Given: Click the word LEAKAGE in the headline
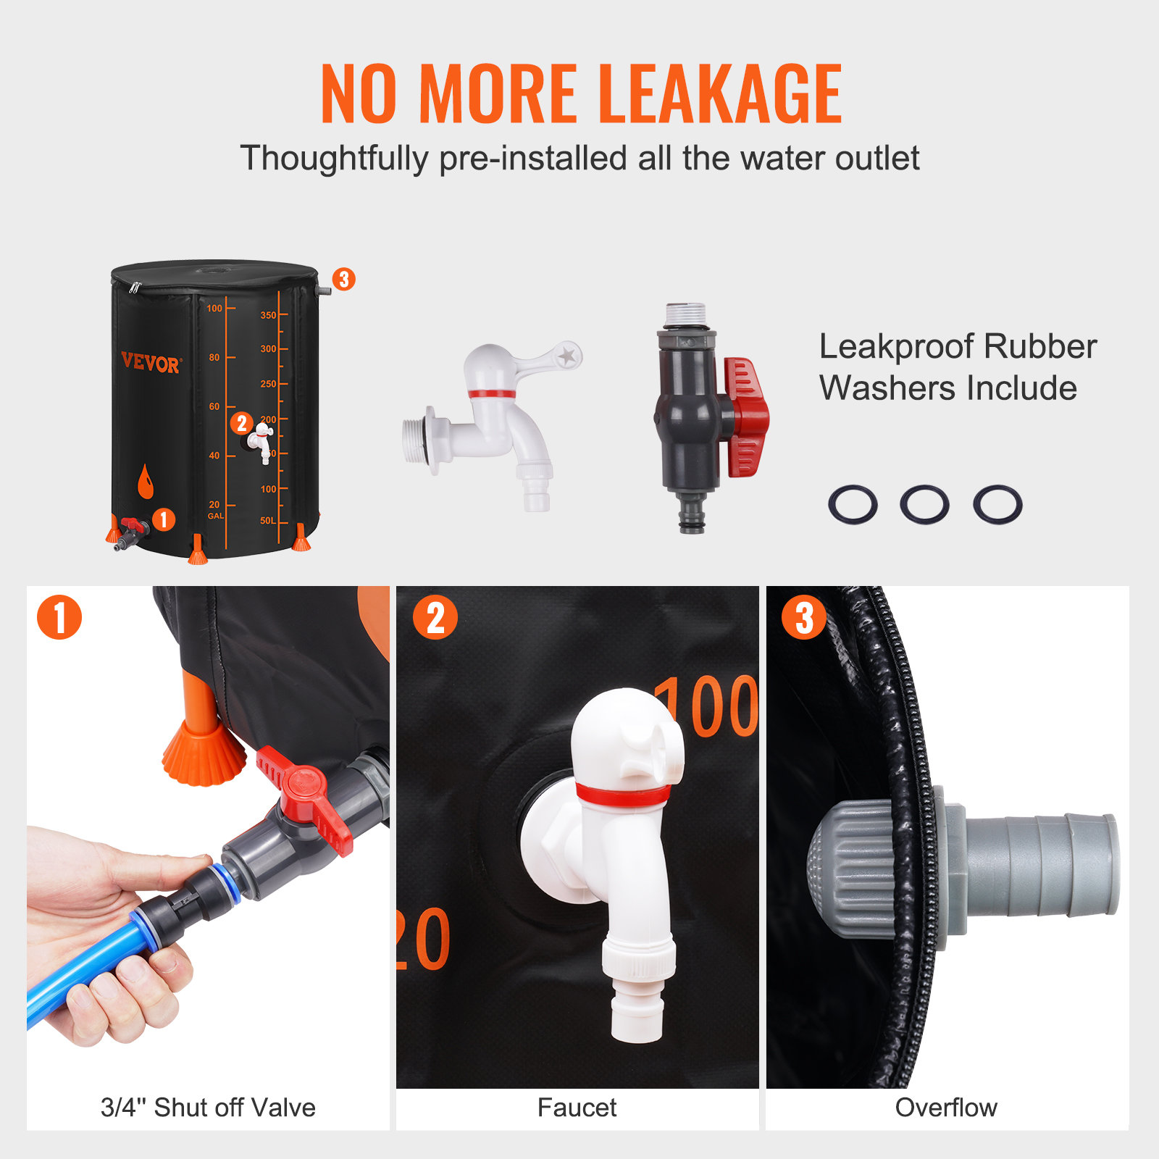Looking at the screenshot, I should pos(721,94).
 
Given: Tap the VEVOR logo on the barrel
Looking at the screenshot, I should pos(150,362).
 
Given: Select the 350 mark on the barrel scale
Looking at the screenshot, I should pos(268,315).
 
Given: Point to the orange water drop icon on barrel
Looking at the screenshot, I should pos(146,482).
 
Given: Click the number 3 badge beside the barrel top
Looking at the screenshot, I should pos(344,279).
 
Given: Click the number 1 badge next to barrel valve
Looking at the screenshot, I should pos(164,519).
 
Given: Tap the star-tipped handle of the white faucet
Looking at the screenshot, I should pos(558,356).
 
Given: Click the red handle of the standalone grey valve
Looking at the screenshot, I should pos(746,417).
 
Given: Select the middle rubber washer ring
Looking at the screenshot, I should pos(924,504).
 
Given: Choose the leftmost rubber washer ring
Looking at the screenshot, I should pos(853,504).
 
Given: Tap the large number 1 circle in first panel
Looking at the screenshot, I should pos(59,617).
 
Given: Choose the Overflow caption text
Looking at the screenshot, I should pos(946,1108).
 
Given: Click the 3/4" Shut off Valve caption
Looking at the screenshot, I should pos(208,1108).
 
